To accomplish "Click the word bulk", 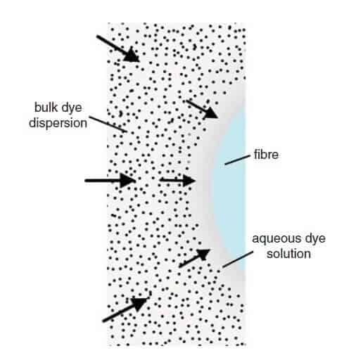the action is click(46, 108).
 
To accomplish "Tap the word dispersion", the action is click(58, 123).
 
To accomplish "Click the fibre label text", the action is click(266, 155).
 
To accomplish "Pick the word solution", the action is click(288, 254).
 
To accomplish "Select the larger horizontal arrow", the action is click(110, 181).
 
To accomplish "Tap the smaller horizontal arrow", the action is click(177, 180).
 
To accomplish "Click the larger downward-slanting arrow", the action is click(118, 49).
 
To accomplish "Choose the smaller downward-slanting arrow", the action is click(202, 109).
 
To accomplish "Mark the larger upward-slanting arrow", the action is click(125, 309).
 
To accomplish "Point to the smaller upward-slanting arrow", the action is click(194, 258).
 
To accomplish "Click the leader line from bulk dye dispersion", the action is click(108, 124).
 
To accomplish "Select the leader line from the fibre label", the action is click(237, 160).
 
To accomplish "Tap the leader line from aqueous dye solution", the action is click(238, 259).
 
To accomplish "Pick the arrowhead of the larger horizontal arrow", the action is click(128, 181).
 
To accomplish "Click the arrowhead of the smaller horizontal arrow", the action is click(189, 181).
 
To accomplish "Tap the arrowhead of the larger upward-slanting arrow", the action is click(140, 304).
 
